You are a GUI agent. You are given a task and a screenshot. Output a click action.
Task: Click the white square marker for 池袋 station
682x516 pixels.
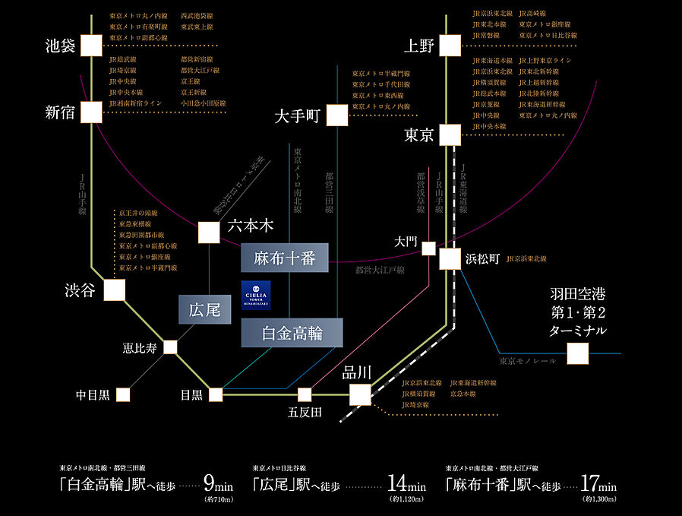click(91, 46)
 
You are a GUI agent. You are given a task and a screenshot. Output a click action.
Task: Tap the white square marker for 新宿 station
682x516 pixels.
click(91, 112)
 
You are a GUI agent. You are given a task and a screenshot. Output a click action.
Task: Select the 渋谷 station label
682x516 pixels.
click(80, 290)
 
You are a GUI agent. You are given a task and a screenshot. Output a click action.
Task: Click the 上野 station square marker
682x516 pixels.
click(449, 46)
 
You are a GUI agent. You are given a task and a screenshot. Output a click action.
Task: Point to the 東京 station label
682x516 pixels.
click(418, 135)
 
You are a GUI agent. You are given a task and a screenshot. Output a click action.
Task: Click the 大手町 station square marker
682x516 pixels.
click(338, 116)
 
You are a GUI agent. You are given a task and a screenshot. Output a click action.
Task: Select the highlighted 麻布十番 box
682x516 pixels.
click(285, 258)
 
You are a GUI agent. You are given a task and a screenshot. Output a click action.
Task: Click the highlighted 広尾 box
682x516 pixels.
click(204, 309)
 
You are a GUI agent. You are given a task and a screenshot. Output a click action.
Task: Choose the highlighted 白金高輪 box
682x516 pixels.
click(292, 333)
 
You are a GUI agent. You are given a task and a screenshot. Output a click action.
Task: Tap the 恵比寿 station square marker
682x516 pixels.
click(170, 347)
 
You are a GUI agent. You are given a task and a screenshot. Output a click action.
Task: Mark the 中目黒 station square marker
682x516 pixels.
click(123, 395)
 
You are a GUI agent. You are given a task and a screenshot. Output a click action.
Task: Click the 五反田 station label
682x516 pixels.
click(305, 413)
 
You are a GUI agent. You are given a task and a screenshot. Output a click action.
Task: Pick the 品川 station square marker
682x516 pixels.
click(360, 394)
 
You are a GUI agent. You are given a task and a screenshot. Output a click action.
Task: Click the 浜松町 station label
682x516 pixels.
click(483, 259)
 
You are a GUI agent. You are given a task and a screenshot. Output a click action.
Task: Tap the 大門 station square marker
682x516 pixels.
click(429, 249)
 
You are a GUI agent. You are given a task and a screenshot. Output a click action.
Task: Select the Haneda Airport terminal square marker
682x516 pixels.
click(577, 353)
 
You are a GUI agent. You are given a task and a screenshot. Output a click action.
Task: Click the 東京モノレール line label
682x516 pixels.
click(527, 360)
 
